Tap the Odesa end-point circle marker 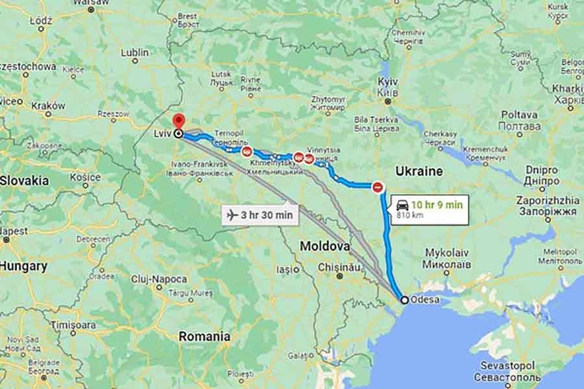404,300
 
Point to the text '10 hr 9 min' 439,204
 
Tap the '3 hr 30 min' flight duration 267,214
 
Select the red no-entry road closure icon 378,187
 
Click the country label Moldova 324,246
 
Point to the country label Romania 204,336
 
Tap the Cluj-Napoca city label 158,279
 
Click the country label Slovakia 24,180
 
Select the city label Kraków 47,105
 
